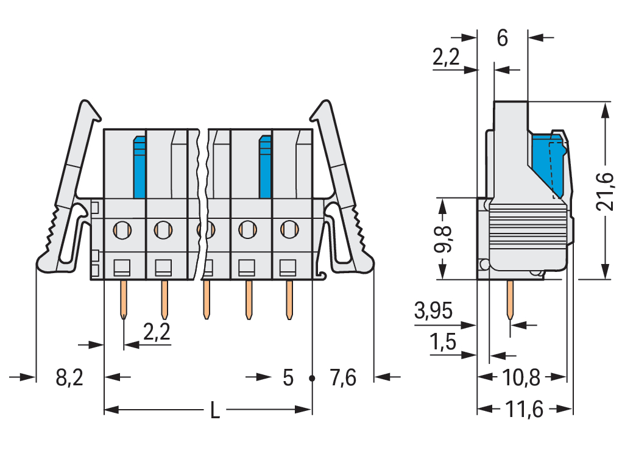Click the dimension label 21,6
(x=606, y=191)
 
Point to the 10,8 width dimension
(x=522, y=377)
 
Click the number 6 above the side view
(x=502, y=38)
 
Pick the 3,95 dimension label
(x=433, y=312)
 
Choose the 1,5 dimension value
(x=443, y=343)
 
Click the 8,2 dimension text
(x=69, y=378)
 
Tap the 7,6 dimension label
(x=342, y=378)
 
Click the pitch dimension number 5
(x=288, y=378)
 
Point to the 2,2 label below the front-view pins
(x=156, y=332)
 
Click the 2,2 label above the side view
(x=446, y=57)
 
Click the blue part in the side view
(x=547, y=163)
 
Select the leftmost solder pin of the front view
(x=124, y=299)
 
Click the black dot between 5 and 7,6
(x=312, y=378)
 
